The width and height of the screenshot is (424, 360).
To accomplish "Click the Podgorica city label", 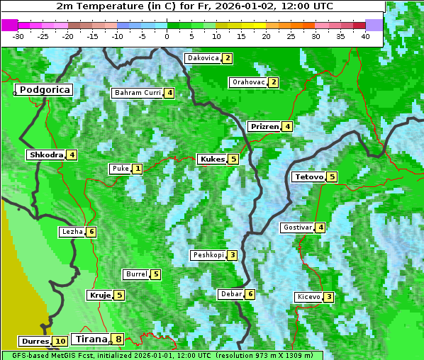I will (44, 90).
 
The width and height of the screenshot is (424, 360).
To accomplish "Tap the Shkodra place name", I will (47, 154).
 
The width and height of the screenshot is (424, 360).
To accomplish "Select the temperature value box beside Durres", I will (60, 341).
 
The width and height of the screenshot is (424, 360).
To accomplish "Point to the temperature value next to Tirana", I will (118, 339).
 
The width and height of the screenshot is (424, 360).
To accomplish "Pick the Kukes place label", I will (212, 159).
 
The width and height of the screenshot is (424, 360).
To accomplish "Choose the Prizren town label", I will (264, 127).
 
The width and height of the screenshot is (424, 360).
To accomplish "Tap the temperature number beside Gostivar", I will (321, 227).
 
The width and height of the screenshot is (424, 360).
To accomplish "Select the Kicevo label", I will (308, 297).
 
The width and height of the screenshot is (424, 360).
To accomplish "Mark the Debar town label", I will (231, 294).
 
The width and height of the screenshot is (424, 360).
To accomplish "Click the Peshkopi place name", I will (208, 255).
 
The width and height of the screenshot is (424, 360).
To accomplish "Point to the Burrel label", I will (136, 274).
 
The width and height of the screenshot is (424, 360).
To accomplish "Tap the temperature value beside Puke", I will (137, 169).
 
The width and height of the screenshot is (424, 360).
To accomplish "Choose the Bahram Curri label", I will (138, 93).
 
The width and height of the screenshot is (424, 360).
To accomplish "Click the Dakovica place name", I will (203, 58).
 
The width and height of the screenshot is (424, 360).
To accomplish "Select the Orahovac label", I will (249, 82).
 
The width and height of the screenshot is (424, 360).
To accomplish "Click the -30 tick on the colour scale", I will (18, 35).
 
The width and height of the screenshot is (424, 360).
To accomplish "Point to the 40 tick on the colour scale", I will (365, 35).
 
